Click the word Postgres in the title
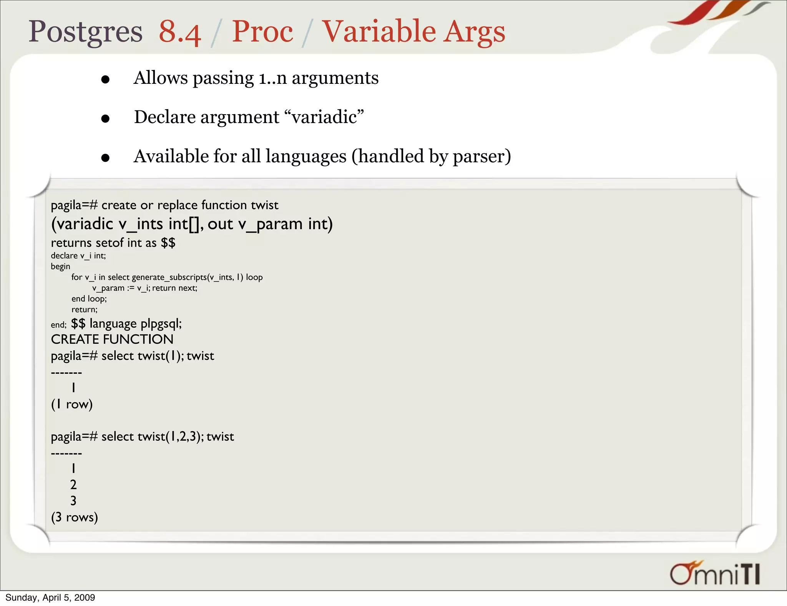(85, 32)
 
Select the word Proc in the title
(262, 32)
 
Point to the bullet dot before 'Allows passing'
(105, 80)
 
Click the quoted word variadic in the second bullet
(325, 117)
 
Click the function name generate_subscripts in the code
(169, 277)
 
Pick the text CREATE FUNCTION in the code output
(112, 340)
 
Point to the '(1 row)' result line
(72, 404)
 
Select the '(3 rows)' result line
(75, 517)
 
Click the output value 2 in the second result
(73, 484)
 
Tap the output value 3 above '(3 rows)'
(73, 501)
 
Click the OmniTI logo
(715, 574)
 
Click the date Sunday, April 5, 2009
(50, 598)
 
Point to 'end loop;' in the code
(89, 299)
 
